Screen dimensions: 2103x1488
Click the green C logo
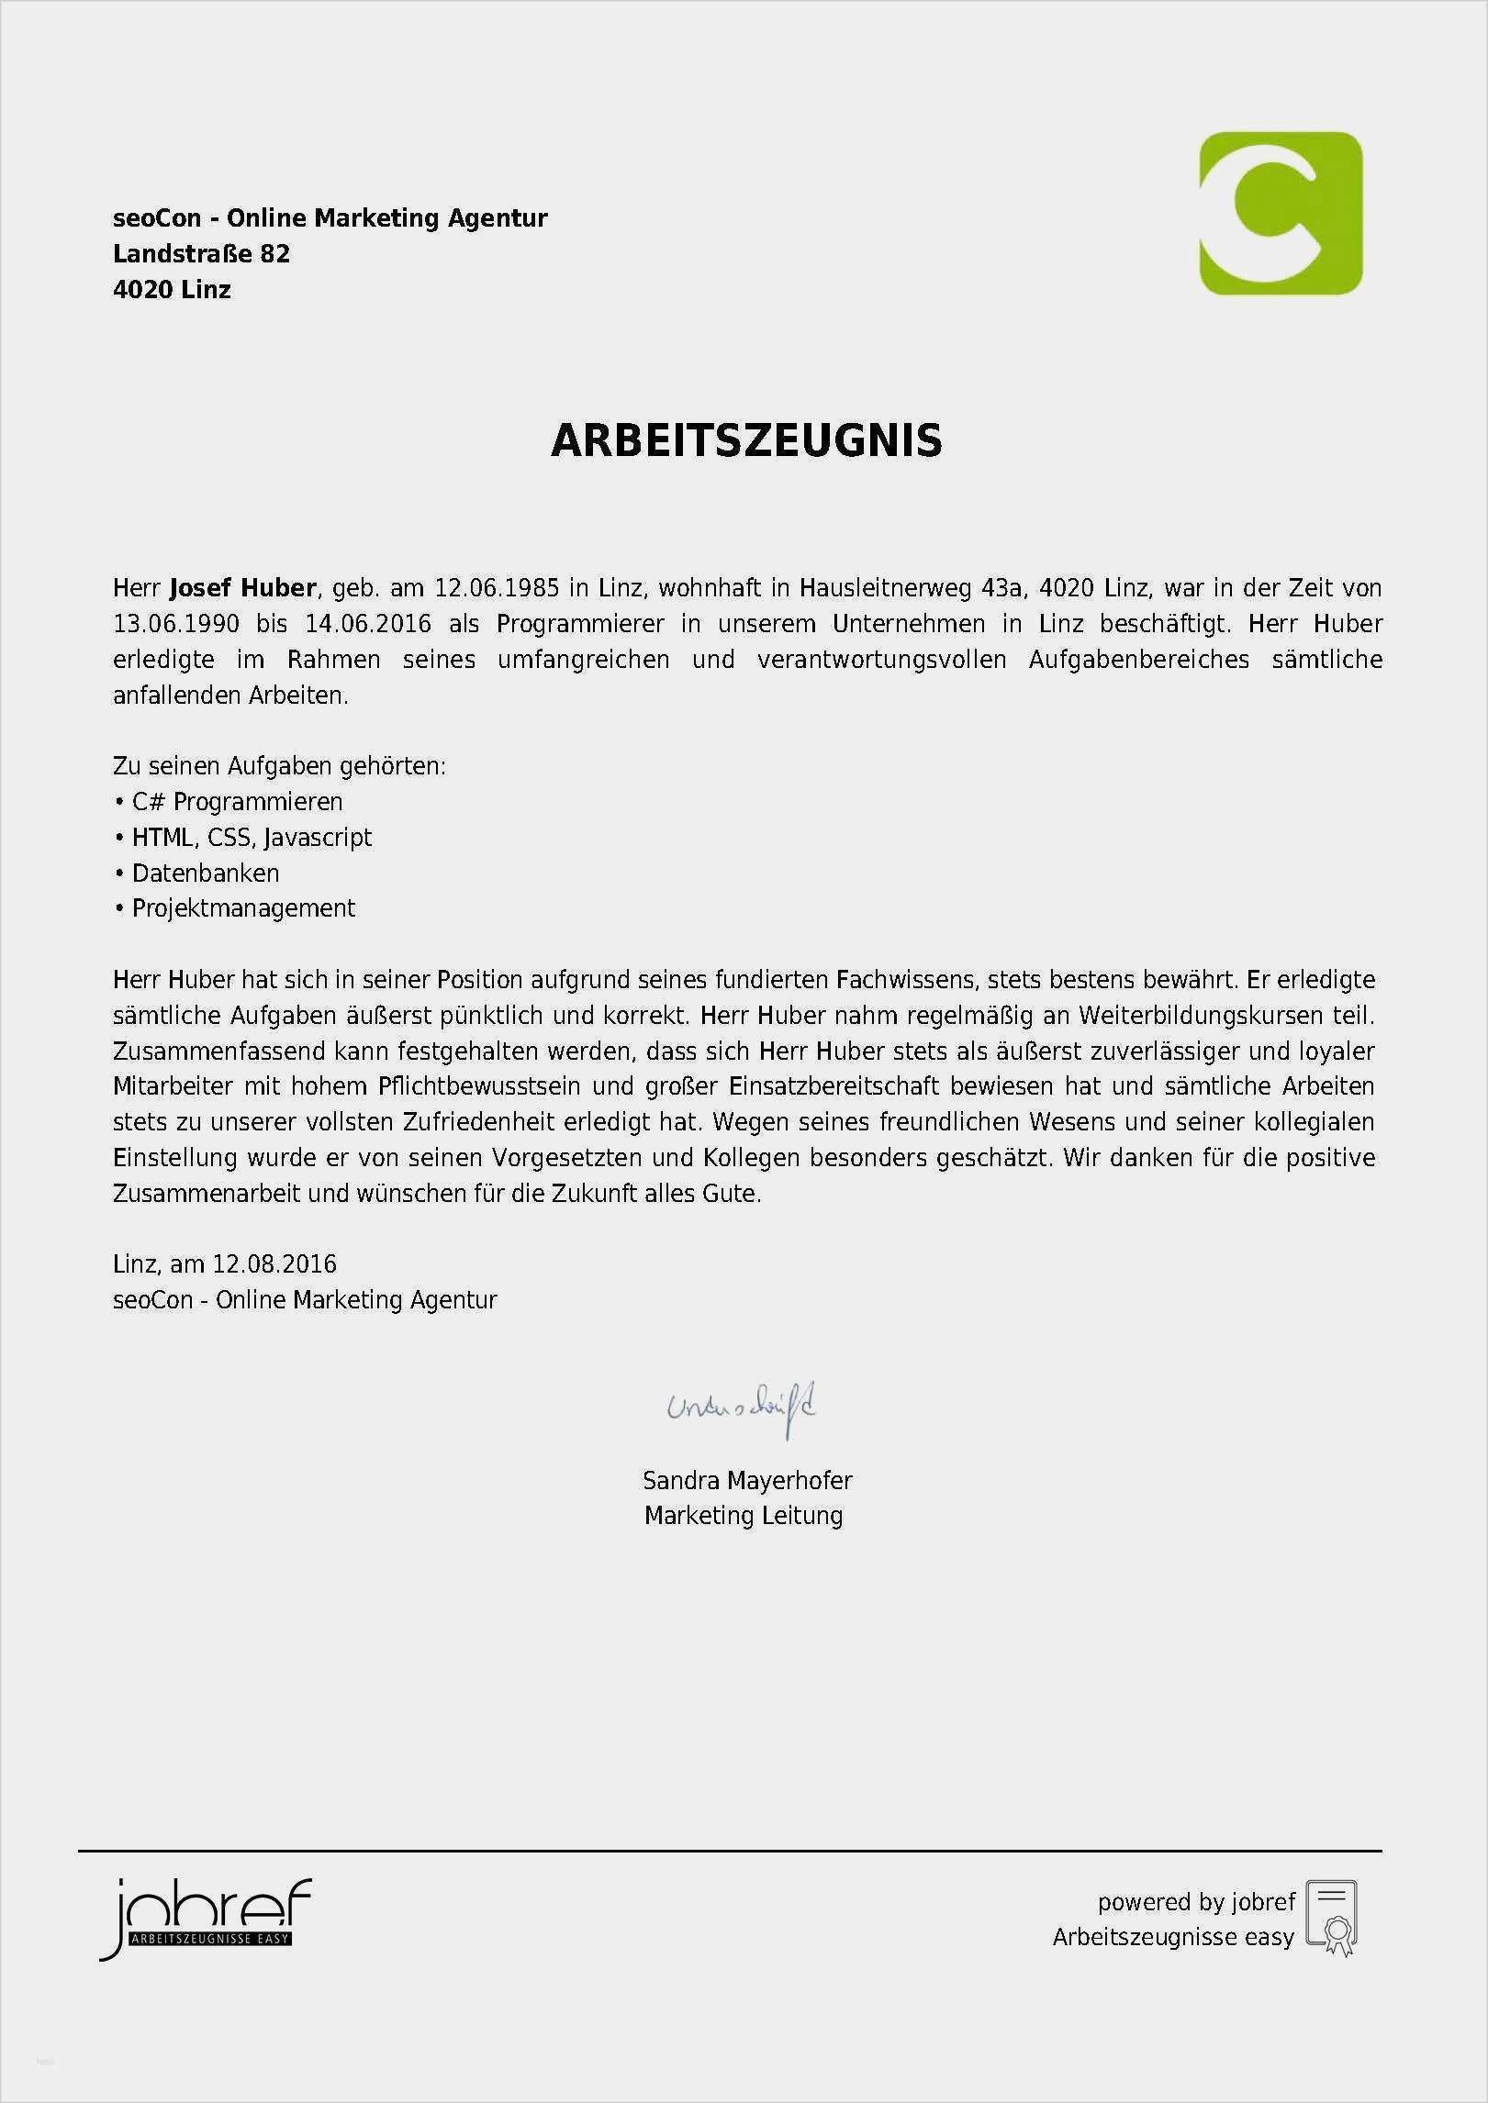click(1281, 213)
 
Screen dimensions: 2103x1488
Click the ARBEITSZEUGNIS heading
click(746, 441)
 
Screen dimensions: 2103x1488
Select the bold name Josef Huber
click(243, 588)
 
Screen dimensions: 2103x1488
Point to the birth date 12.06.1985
click(497, 588)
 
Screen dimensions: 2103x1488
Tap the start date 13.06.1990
click(176, 624)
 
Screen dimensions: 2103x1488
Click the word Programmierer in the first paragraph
click(580, 624)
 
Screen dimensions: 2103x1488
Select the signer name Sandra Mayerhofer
click(747, 1480)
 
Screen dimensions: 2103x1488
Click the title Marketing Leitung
click(744, 1516)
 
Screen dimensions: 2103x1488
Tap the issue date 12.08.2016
click(274, 1264)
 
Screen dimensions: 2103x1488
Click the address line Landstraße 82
click(201, 254)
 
